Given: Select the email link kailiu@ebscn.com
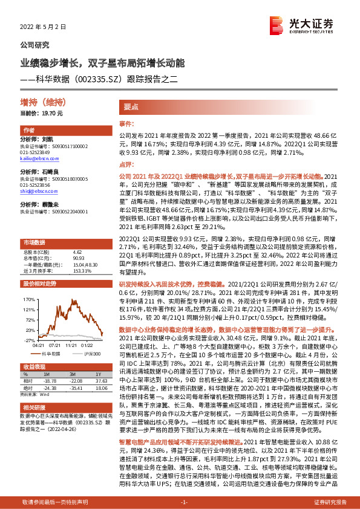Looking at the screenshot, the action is [34, 159].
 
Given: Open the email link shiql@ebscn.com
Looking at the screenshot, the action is [33, 190].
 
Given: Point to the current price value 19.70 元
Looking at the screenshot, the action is [51, 113].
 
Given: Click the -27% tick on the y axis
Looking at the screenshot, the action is [28, 340].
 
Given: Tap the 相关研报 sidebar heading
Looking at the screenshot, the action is [33, 409].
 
